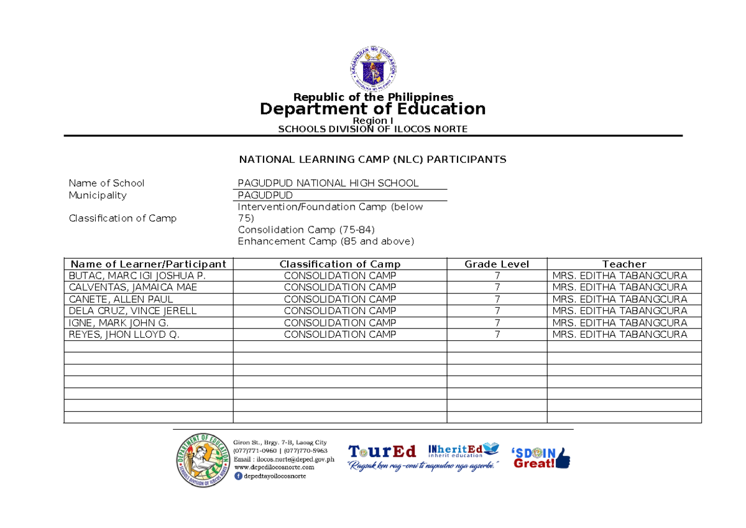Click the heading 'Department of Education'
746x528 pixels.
(x=372, y=109)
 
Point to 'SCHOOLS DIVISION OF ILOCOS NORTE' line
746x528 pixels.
(x=372, y=129)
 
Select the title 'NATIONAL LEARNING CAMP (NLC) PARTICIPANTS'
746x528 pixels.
(x=373, y=160)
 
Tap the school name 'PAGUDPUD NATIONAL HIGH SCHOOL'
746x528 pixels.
(x=328, y=183)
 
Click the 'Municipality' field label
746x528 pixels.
(x=98, y=195)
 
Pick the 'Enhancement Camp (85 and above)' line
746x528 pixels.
(x=326, y=241)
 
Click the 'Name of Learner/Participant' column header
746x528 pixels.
(x=148, y=264)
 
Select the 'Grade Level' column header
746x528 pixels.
(x=497, y=264)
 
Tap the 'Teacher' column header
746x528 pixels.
(x=624, y=264)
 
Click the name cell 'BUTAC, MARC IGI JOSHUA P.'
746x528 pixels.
(x=137, y=276)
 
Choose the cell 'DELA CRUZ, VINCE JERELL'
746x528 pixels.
(x=133, y=311)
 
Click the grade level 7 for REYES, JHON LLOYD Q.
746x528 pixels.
(x=497, y=335)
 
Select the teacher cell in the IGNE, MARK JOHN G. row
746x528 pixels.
(x=619, y=323)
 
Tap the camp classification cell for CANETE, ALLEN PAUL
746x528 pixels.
(x=339, y=299)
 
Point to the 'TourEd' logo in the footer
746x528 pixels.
(x=382, y=451)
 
